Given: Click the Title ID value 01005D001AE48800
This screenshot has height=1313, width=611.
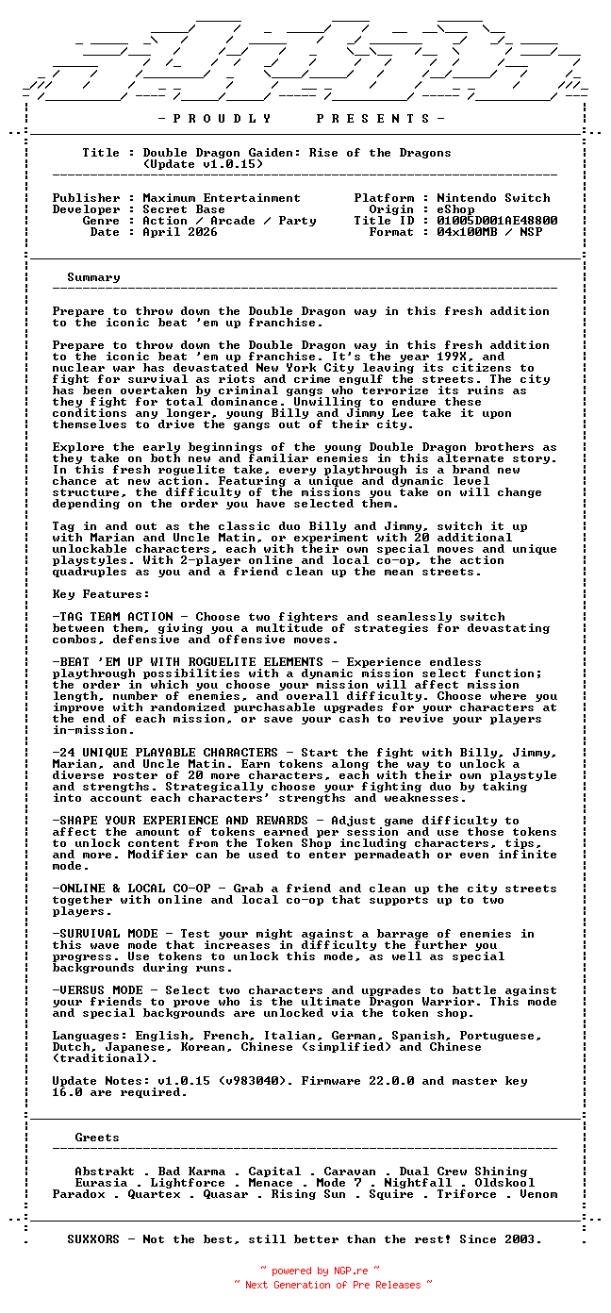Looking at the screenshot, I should tap(497, 221).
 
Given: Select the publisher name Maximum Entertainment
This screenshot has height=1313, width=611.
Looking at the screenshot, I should tap(222, 198).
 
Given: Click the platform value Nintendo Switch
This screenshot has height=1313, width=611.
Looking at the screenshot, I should tap(493, 198).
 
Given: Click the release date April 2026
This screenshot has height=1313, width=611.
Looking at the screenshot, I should tap(180, 232).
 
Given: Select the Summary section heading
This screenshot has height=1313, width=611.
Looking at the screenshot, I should tap(93, 277).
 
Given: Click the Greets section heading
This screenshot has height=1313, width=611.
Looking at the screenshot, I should tap(97, 1138).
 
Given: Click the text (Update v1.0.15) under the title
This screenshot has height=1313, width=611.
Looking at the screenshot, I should tap(203, 164).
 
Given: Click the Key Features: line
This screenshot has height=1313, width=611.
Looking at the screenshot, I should tap(101, 594).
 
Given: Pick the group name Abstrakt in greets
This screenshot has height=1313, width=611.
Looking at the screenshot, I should tap(105, 1172).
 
